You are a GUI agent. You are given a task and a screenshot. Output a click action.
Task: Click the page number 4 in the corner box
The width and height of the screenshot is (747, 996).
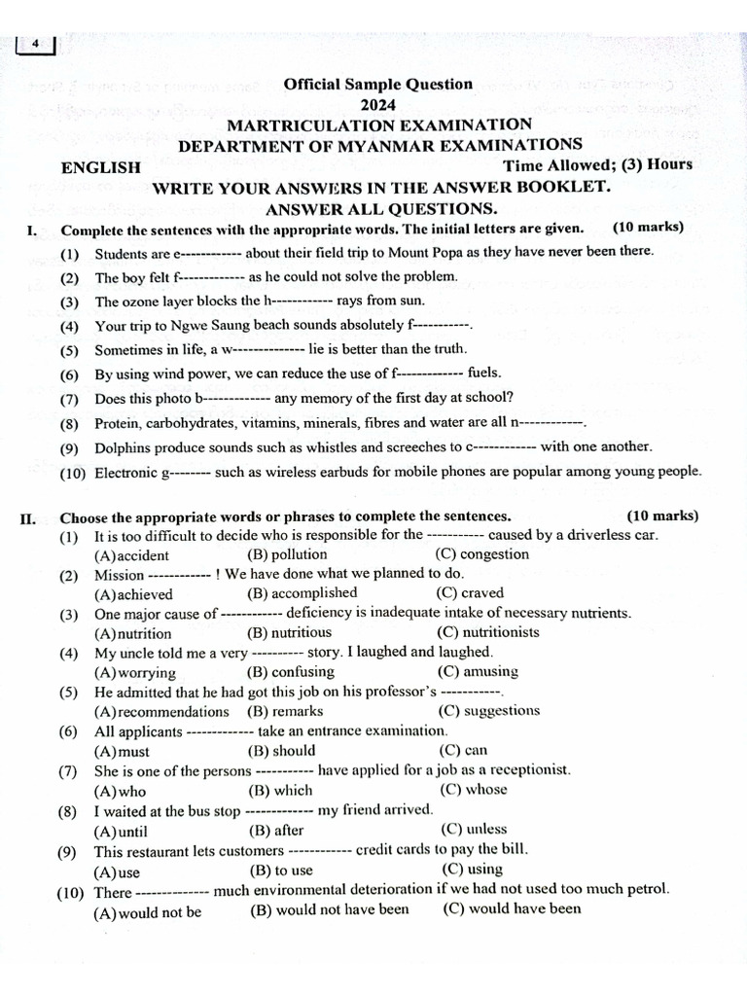tap(35, 45)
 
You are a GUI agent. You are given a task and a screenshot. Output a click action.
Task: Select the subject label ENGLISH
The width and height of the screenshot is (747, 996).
tap(101, 167)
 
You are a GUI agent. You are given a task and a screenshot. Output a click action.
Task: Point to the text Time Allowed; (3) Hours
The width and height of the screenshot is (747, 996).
tap(597, 164)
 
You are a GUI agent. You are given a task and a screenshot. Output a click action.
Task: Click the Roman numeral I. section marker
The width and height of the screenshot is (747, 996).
tap(30, 230)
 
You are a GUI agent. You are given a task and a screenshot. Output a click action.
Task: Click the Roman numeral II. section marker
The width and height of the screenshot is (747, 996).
tap(29, 516)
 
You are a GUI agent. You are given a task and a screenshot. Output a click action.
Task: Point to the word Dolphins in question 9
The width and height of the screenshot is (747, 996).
tap(124, 447)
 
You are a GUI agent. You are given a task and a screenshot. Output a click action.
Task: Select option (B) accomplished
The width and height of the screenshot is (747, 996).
tap(302, 593)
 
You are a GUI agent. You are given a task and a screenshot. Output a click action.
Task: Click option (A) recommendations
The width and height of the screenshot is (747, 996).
tap(161, 711)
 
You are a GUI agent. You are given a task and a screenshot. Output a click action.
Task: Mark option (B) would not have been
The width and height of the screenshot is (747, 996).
tap(330, 910)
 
